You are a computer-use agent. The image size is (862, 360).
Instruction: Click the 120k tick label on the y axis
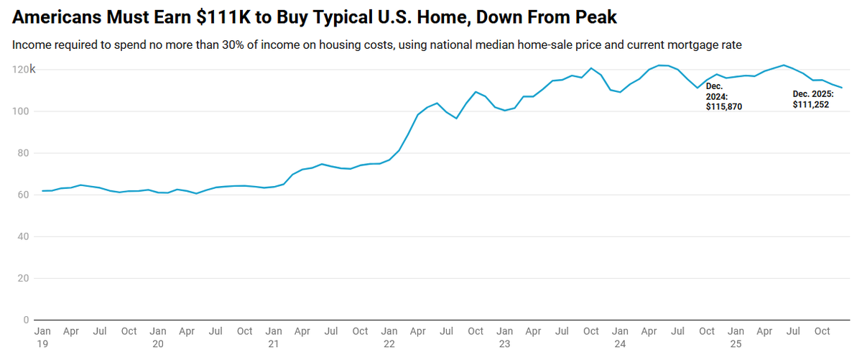[24, 70]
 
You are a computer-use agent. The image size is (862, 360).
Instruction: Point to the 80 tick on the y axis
[22, 153]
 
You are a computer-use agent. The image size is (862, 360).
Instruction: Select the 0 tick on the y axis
[26, 320]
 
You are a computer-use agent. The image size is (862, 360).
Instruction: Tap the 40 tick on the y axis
[22, 236]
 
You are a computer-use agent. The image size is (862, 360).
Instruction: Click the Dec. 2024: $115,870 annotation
[723, 96]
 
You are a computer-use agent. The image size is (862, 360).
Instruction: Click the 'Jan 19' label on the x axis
[42, 337]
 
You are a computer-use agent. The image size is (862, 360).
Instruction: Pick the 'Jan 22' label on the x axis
[389, 337]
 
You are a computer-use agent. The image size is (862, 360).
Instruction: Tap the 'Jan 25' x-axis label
[736, 337]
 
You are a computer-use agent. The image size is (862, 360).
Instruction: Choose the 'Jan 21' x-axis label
[273, 337]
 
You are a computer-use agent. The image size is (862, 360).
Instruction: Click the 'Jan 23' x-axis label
[504, 337]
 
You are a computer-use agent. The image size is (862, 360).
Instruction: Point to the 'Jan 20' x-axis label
[157, 337]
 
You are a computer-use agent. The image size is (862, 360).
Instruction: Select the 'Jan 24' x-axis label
[620, 337]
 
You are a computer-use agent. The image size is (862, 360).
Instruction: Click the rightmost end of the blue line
[842, 88]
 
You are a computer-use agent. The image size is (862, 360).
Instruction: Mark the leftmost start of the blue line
[42, 191]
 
